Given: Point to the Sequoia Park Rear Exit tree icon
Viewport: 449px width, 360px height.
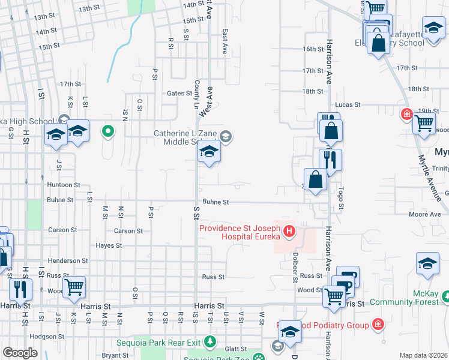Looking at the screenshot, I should click(x=210, y=343).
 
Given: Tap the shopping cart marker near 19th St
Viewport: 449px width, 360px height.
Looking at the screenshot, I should click(x=424, y=122).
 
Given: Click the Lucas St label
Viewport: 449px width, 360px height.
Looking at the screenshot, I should click(x=348, y=104).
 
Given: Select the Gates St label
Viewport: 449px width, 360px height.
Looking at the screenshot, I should click(x=179, y=93).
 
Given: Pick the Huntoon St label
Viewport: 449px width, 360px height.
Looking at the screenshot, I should click(x=64, y=185).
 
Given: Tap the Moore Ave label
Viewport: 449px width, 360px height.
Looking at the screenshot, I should click(x=424, y=214).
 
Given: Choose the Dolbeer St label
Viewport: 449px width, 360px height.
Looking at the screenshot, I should click(x=295, y=264).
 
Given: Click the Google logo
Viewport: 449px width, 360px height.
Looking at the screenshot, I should click(x=20, y=353).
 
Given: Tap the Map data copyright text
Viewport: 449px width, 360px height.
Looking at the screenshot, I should click(x=424, y=355).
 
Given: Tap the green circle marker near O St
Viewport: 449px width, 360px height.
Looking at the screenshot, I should click(x=108, y=130).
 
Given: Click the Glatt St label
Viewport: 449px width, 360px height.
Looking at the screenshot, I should click(x=235, y=349).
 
